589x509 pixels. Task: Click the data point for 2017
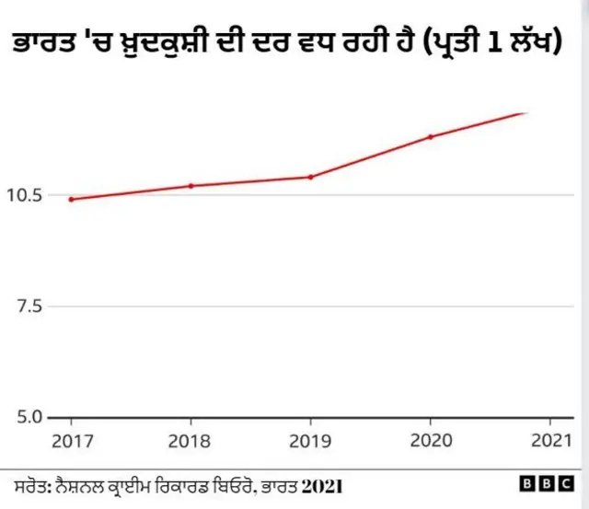[71, 199]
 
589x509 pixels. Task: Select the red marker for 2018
[191, 186]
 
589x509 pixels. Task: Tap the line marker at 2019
[310, 177]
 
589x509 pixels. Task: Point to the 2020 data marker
[430, 137]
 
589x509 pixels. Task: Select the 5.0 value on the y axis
[28, 417]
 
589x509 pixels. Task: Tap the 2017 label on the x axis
[71, 440]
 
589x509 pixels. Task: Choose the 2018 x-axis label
[191, 440]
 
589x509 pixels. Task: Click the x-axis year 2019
[310, 440]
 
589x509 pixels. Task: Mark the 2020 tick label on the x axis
[430, 440]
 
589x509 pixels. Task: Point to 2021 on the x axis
[549, 440]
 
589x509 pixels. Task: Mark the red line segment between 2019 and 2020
[370, 157]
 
